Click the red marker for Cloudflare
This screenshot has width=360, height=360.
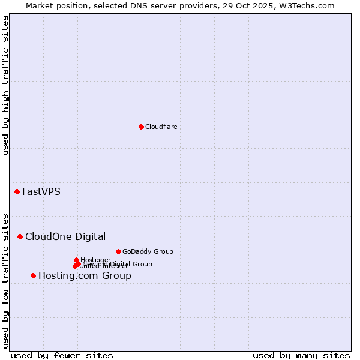(x=141, y=127)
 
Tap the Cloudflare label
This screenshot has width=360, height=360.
(x=161, y=127)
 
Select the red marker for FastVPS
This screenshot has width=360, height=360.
(x=17, y=191)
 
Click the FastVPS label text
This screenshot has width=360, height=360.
(x=41, y=192)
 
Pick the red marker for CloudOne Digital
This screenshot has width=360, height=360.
(x=20, y=236)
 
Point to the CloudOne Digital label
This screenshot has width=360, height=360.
(x=65, y=236)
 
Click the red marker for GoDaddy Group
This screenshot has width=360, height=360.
(x=118, y=251)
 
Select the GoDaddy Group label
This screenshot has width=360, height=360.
(x=147, y=251)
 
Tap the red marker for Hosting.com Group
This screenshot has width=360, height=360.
(x=33, y=275)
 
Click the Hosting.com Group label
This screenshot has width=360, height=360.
(x=85, y=276)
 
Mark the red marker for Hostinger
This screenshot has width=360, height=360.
(x=76, y=260)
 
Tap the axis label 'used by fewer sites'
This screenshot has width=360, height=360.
(x=62, y=355)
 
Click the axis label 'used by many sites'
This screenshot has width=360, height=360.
(x=301, y=355)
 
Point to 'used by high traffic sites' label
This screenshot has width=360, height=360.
(x=5, y=85)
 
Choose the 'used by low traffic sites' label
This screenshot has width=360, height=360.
(x=5, y=280)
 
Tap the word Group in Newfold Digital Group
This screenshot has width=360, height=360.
(x=142, y=264)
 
